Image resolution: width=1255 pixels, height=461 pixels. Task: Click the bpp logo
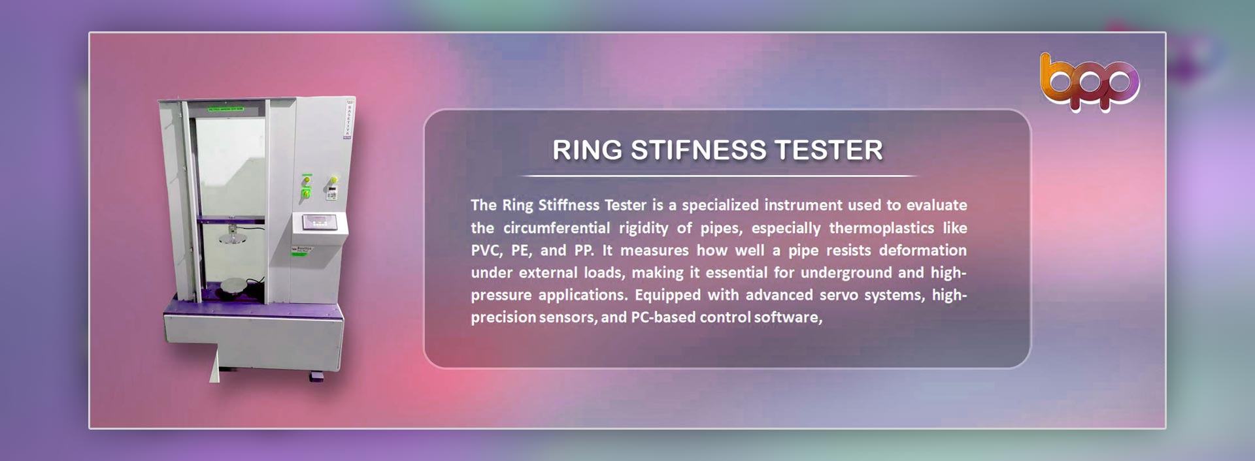[x=1090, y=82]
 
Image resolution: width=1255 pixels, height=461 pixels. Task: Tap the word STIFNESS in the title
[x=698, y=150]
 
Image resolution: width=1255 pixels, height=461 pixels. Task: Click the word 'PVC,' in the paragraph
[x=486, y=251]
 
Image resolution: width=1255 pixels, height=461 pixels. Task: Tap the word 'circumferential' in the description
[x=556, y=228]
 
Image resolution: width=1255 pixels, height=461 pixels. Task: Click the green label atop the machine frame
[x=226, y=108]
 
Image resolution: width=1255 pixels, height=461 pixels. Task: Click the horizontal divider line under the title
[x=718, y=176]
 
